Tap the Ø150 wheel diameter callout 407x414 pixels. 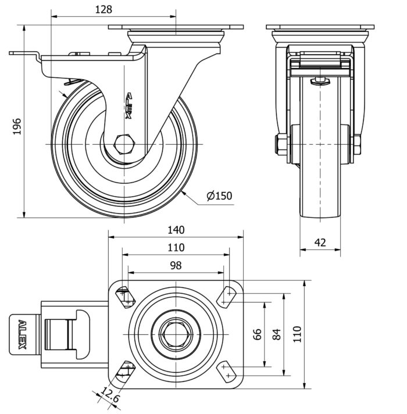219,196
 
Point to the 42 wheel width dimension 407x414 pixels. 320,243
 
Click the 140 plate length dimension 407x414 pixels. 176,229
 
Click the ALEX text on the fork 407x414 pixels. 129,105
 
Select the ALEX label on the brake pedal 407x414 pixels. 22,334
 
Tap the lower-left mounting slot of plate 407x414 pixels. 124,370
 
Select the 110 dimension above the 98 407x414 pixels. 176,247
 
